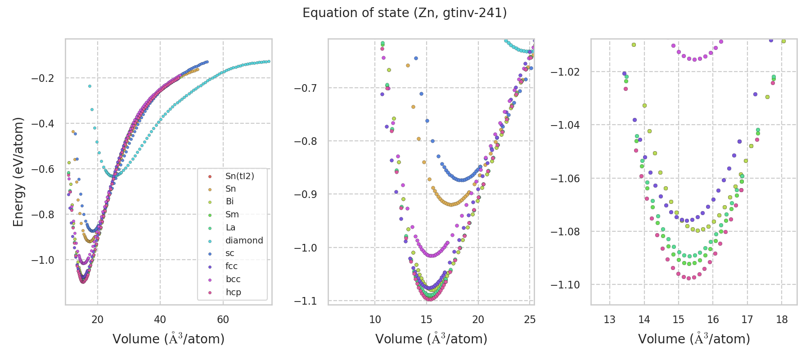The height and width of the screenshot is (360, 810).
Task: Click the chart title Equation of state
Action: (x=405, y=13)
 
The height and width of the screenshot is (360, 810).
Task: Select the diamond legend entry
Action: (x=244, y=240)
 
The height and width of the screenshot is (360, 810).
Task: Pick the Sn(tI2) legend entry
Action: (x=239, y=176)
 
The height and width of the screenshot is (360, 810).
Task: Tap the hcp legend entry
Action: (x=233, y=292)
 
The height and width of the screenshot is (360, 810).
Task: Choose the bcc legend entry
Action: (x=233, y=279)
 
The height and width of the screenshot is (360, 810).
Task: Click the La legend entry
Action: (x=230, y=227)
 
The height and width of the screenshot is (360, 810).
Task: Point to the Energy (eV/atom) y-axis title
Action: (x=18, y=172)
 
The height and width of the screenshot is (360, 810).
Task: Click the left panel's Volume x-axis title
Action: (x=168, y=339)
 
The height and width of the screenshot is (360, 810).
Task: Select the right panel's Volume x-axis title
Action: (x=694, y=339)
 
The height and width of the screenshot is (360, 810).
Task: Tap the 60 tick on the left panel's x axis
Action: (x=223, y=319)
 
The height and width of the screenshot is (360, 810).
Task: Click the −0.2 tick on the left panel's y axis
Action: (x=42, y=78)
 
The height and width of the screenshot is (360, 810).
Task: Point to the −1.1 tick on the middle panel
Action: (x=305, y=301)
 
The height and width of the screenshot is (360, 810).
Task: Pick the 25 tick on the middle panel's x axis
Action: (x=530, y=319)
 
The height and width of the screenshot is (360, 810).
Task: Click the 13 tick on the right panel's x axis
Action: (x=609, y=319)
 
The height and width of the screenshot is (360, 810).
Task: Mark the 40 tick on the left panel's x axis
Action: (x=160, y=319)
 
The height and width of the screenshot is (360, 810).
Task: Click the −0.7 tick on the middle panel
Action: (x=305, y=88)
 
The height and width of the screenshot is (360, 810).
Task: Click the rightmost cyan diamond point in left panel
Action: (x=269, y=61)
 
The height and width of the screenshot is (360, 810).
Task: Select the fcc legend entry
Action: (x=231, y=266)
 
